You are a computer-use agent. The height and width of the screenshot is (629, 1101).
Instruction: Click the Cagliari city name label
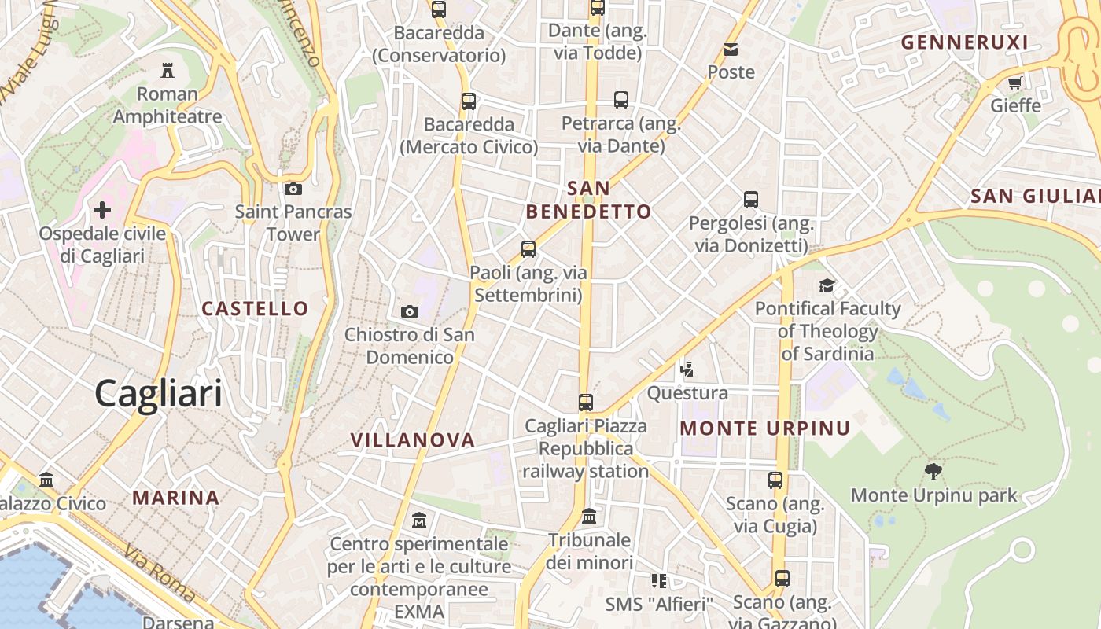158,392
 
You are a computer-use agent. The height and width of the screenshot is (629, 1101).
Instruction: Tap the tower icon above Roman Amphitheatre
167,70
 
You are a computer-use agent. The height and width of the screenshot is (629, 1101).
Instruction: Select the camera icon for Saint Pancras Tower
293,189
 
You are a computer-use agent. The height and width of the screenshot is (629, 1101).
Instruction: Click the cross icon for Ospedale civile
102,210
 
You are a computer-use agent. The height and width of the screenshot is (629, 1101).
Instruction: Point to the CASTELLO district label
256,308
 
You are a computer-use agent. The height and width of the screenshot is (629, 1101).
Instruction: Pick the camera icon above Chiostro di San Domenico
409,311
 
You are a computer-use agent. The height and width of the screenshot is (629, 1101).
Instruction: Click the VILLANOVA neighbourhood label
413,440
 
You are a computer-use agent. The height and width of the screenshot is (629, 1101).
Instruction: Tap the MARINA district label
175,498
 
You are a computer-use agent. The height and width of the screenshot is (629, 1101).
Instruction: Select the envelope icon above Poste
731,50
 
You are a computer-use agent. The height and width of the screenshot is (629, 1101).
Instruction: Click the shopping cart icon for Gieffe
1015,83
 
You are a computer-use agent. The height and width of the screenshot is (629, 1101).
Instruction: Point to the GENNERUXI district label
964,42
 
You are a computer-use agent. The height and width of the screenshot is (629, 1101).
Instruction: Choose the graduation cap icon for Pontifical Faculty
827,285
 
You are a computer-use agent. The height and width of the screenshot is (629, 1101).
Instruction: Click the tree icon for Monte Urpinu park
933,472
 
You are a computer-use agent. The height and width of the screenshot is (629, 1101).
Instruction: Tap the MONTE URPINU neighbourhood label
765,429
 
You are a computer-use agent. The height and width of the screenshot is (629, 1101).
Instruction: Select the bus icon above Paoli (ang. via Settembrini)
528,249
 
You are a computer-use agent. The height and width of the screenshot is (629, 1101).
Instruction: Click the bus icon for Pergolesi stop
751,200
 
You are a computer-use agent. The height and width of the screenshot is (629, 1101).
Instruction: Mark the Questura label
687,392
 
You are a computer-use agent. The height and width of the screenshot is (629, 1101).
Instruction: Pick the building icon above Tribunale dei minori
589,517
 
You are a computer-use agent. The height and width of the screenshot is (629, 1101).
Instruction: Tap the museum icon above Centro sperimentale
419,520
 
